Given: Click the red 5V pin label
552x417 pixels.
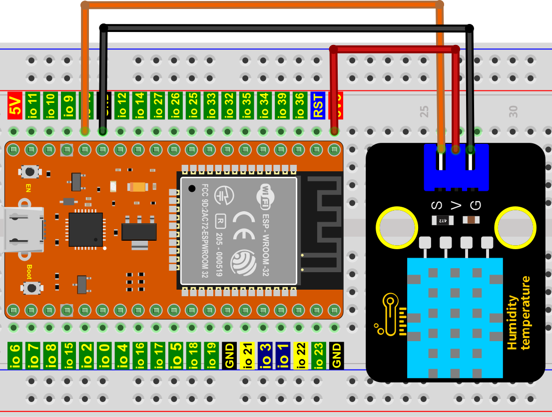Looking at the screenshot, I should [14, 105].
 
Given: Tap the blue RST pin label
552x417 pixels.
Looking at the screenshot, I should [317, 105].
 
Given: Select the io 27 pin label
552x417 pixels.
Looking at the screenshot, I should [157, 105].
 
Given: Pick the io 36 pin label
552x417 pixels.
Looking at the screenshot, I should [299, 105].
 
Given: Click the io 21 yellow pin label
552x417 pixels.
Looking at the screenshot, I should [246, 355].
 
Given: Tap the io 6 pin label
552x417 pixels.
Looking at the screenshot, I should [14, 355].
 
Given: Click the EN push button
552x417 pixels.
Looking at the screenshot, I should [30, 172].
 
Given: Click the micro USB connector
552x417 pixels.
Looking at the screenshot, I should [22, 230].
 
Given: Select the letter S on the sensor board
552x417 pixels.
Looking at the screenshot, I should [437, 205].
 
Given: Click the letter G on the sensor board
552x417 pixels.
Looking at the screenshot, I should [475, 205].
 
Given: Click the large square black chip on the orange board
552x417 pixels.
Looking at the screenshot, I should [85, 229].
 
